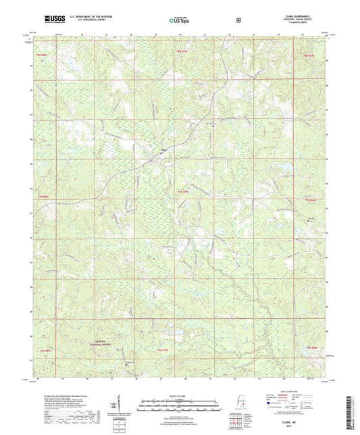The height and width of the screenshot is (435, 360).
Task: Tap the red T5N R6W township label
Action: (x=310, y=348)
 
